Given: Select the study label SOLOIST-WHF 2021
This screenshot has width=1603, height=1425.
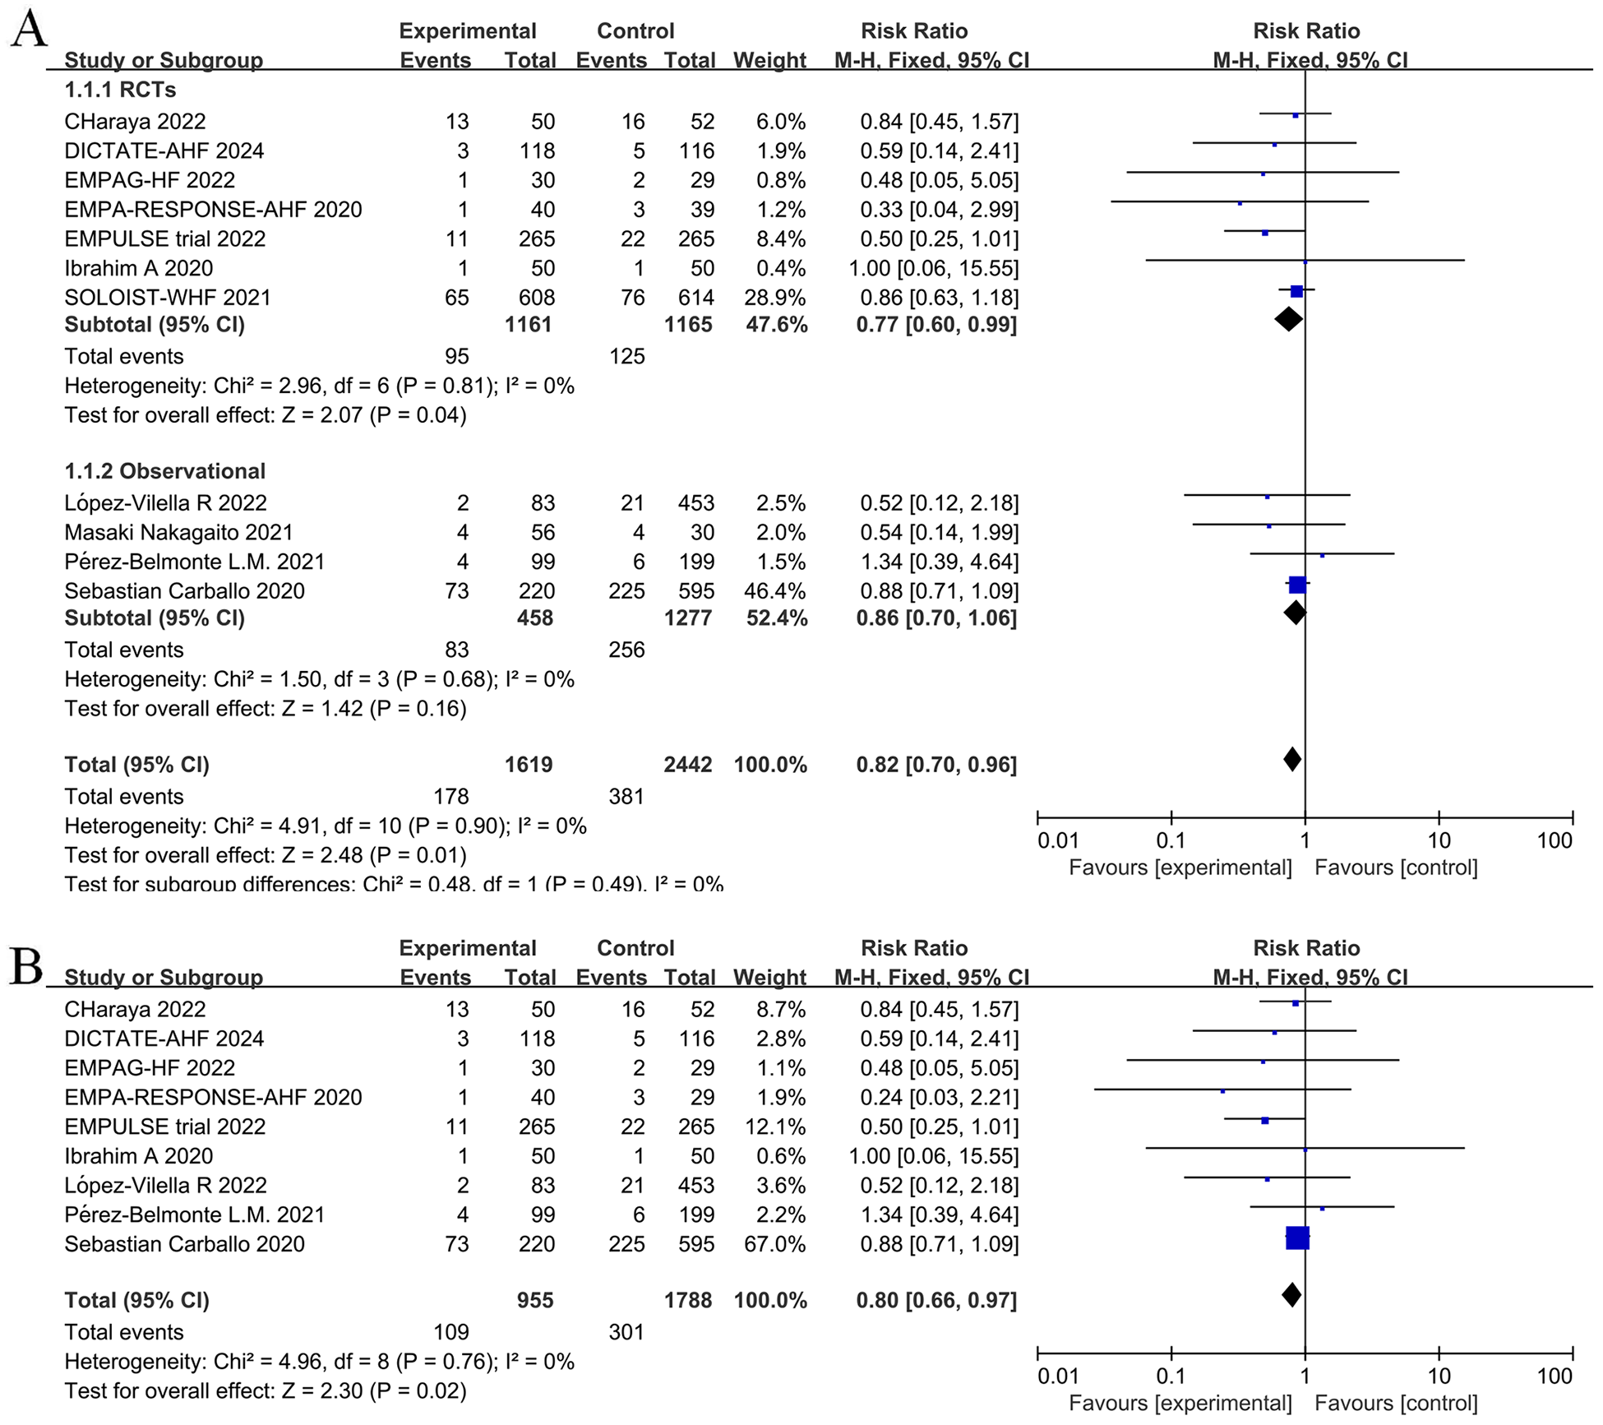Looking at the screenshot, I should click(168, 298).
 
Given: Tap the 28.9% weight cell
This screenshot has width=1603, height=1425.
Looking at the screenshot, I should click(781, 298).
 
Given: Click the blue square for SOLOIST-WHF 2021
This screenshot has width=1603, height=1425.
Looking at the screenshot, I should click(1296, 291).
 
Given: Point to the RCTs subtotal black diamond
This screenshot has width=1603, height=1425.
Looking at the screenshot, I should click(1288, 320).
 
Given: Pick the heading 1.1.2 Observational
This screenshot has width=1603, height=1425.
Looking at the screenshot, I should click(165, 471).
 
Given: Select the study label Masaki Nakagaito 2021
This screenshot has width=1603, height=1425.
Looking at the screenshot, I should click(178, 533).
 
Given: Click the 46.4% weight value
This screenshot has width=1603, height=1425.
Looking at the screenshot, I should click(781, 591).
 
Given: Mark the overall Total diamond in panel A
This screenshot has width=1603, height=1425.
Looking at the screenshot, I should click(1291, 759).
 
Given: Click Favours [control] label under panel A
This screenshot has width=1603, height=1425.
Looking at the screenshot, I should click(1396, 867).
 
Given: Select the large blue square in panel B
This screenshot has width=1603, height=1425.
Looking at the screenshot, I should click(1297, 1238).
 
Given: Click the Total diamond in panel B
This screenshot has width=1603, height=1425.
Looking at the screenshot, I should click(1291, 1295).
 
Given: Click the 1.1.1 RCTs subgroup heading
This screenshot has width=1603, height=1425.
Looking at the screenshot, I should click(120, 90).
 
